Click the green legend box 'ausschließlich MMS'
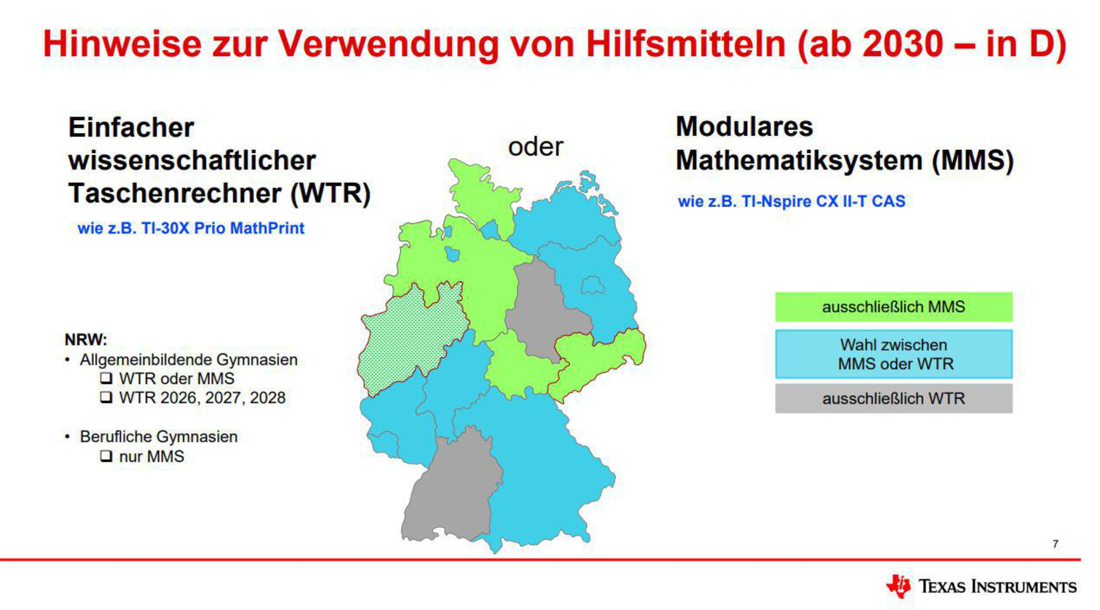point(894,307)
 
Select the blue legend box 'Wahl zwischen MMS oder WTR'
point(894,354)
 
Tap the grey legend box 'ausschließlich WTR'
point(894,398)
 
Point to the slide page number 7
point(1055,544)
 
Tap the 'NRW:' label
point(86,340)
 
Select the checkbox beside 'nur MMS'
point(106,456)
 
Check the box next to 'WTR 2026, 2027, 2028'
point(106,398)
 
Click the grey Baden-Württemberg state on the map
point(453,490)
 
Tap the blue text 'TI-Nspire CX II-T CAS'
point(823,201)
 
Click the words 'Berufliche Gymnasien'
point(159,437)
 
